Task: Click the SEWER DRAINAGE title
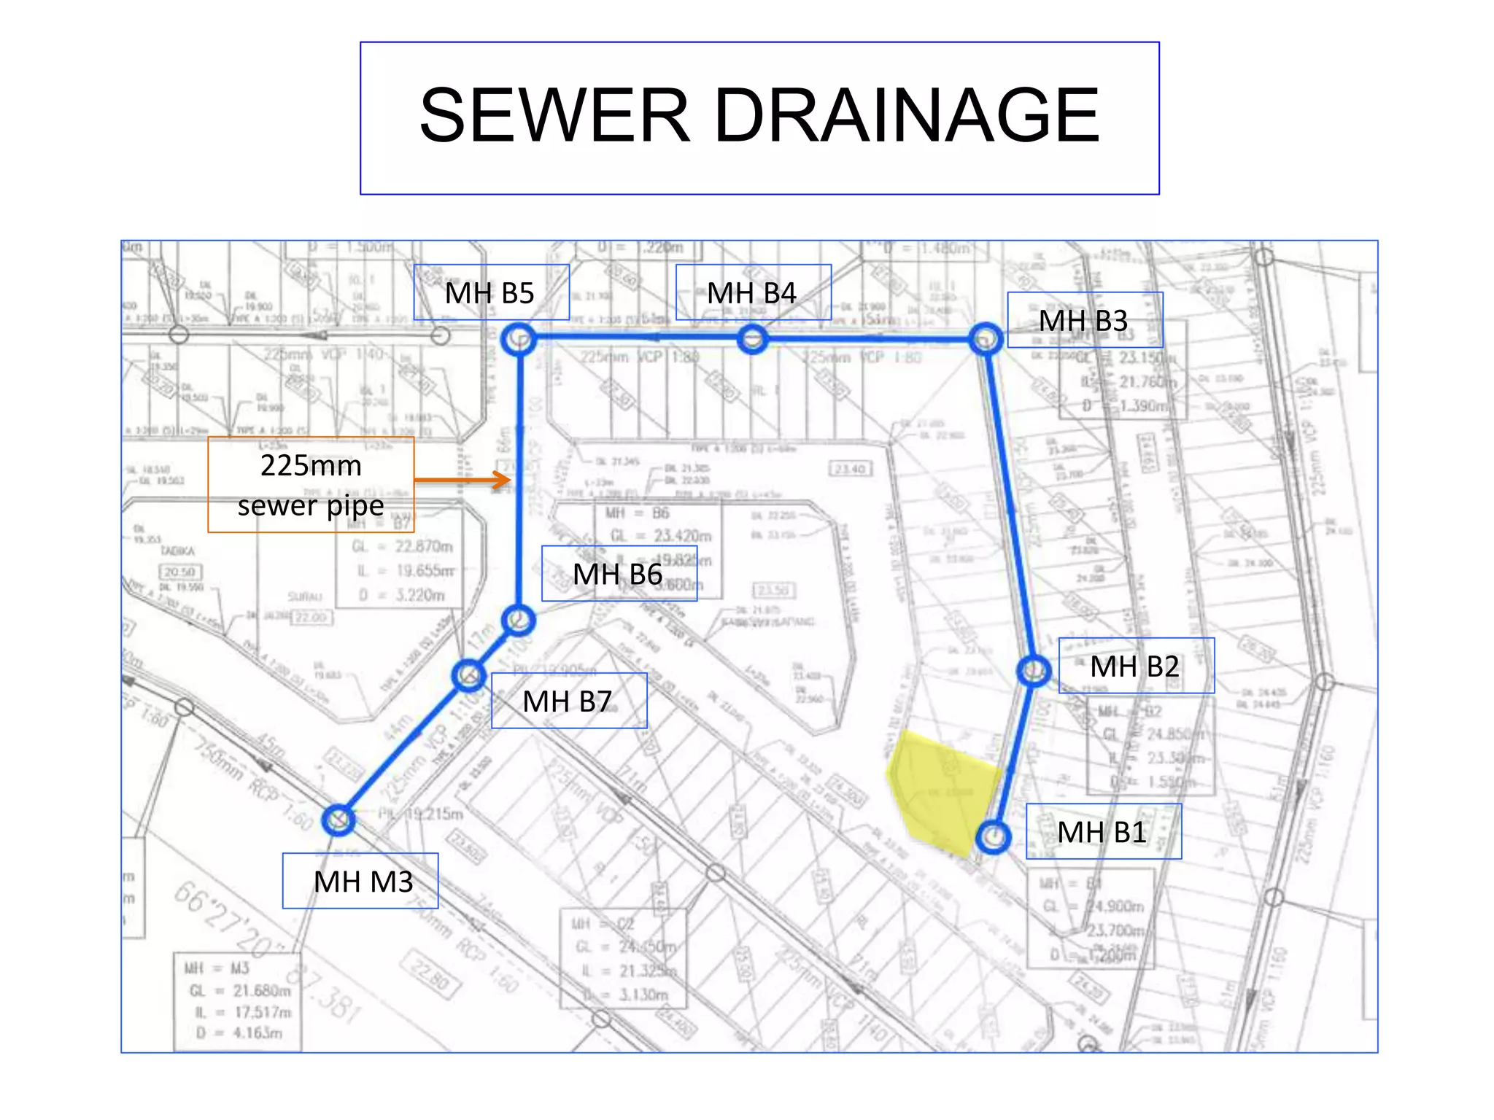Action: click(x=759, y=117)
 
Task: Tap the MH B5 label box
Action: click(x=491, y=292)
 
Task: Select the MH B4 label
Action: click(x=753, y=292)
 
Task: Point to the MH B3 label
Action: click(x=1085, y=320)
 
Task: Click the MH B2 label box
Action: click(x=1136, y=666)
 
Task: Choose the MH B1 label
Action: click(x=1103, y=831)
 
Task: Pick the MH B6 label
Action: click(x=619, y=574)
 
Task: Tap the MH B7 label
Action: click(x=568, y=701)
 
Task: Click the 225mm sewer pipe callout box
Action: click(x=311, y=485)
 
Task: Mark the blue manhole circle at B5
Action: click(x=519, y=339)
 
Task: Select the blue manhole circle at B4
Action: click(x=752, y=339)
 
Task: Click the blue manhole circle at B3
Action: click(x=986, y=340)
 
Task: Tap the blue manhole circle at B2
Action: click(x=1034, y=670)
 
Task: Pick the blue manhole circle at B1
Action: click(x=993, y=837)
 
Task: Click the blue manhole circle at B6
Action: click(x=519, y=621)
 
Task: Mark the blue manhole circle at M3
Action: click(x=338, y=820)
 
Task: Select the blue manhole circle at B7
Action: click(x=468, y=676)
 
